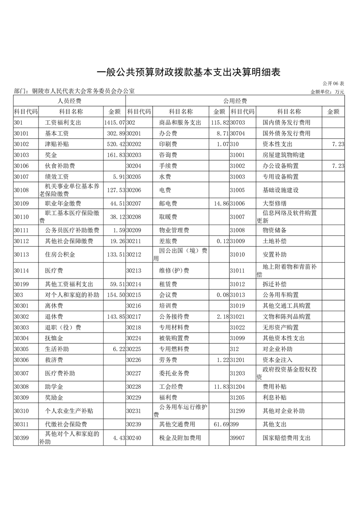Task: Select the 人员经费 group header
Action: tap(69, 101)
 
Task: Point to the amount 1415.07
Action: tap(114, 122)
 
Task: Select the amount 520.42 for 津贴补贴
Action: tap(115, 144)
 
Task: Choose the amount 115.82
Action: tap(219, 122)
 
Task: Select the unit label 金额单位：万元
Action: tap(327, 92)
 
